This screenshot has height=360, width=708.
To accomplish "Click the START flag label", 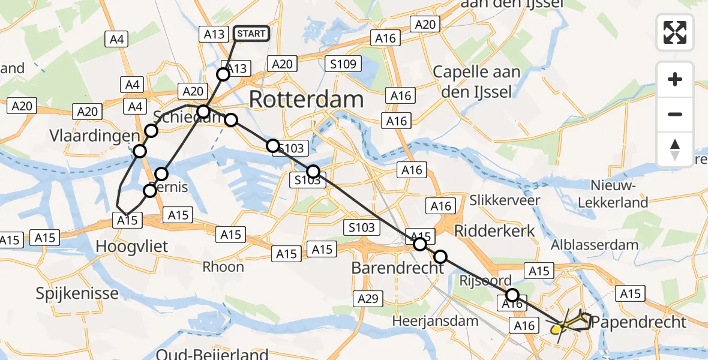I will click(x=251, y=34).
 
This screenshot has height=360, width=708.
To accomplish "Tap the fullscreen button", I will click(x=675, y=32).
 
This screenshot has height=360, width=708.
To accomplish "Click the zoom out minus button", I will click(x=675, y=114).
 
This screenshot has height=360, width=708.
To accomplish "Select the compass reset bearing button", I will click(x=675, y=149).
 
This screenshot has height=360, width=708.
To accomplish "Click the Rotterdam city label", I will click(x=306, y=99).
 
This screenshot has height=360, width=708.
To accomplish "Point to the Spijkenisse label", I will click(x=77, y=293).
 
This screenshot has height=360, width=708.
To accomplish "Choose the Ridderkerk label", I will click(x=495, y=232).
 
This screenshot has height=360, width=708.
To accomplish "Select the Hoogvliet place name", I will click(x=132, y=245).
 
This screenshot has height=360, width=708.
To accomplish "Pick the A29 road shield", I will click(x=368, y=298).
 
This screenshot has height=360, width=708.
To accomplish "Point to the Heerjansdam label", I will click(x=435, y=321).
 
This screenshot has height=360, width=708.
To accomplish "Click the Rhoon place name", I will click(x=223, y=266).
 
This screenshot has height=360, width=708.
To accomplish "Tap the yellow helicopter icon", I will click(x=556, y=328).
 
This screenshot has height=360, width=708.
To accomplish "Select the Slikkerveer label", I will click(x=505, y=200).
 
